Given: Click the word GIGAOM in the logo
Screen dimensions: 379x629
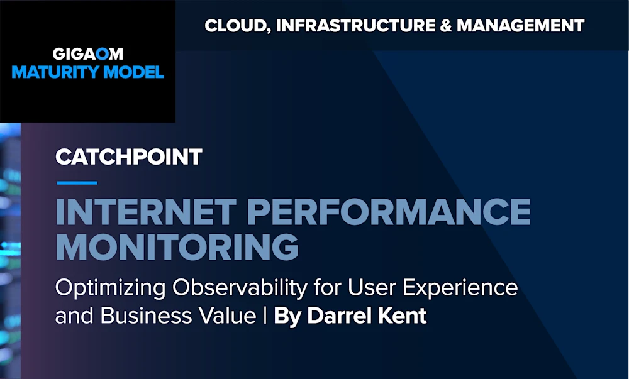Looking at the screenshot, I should (x=87, y=54).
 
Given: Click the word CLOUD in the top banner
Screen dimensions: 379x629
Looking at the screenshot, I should (x=231, y=26).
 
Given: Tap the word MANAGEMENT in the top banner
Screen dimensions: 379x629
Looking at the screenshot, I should (x=521, y=26).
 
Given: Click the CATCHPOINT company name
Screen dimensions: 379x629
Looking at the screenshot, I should (x=128, y=157).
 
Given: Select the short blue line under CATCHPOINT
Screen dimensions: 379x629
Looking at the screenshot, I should (x=77, y=184).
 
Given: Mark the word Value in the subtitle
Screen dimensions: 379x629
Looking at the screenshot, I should (x=226, y=316).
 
